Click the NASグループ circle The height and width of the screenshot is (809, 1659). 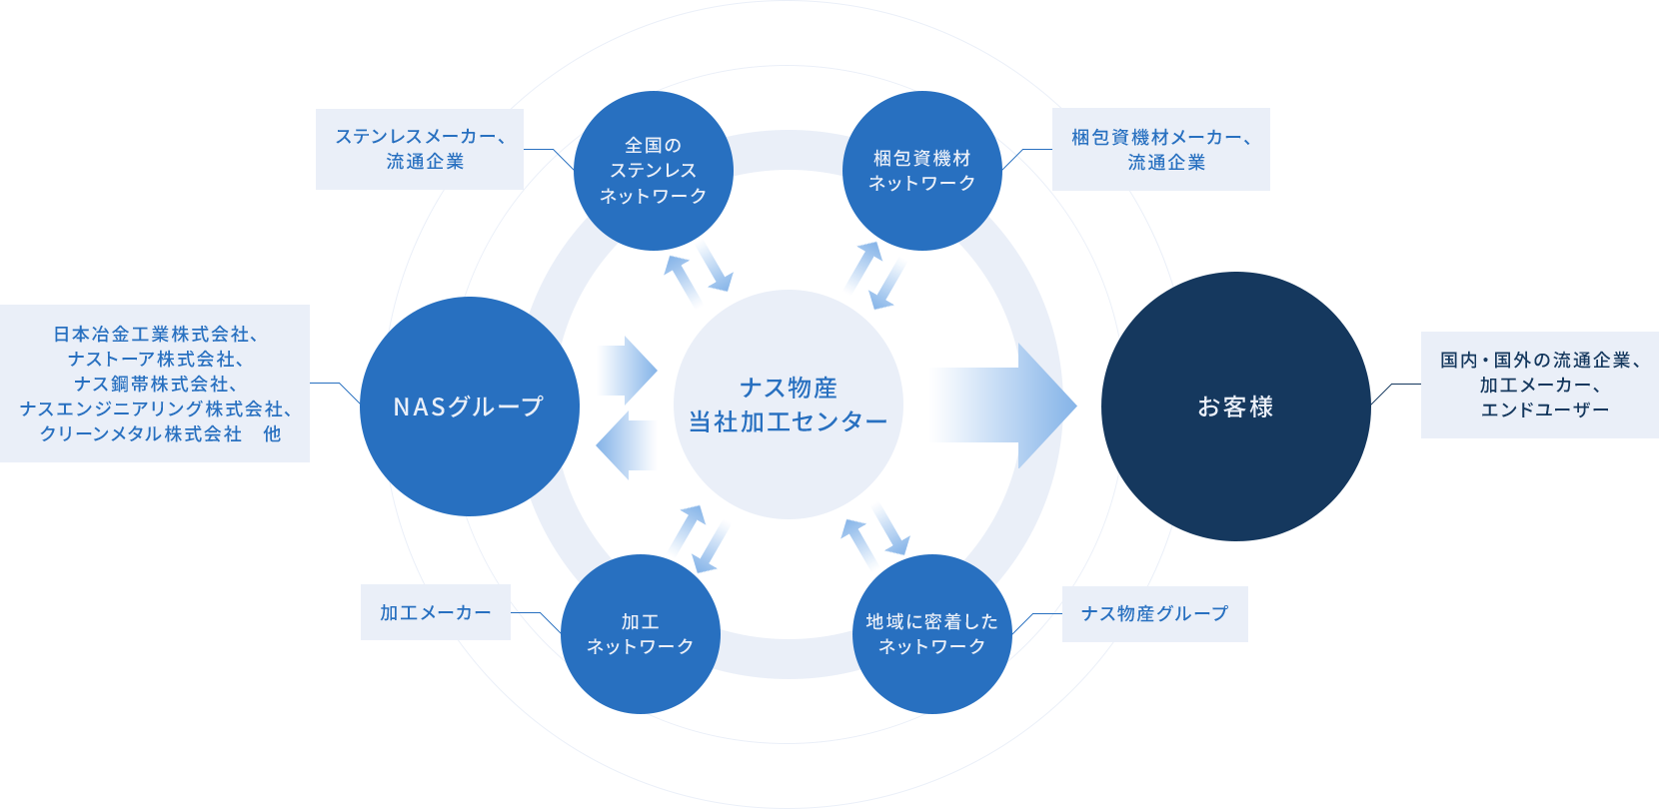click(469, 406)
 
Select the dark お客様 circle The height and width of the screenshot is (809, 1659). click(1235, 406)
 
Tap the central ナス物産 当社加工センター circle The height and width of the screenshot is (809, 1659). click(788, 404)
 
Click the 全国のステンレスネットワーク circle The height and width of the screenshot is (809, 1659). click(654, 171)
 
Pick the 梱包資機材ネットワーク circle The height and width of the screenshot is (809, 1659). click(921, 171)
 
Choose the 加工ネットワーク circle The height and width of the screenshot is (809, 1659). click(641, 634)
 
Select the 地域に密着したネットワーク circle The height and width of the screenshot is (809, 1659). click(931, 634)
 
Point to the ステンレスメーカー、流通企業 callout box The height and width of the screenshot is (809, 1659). click(420, 149)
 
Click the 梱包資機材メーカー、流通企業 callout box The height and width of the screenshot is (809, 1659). click(1161, 149)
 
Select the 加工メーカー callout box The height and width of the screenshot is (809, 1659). click(436, 612)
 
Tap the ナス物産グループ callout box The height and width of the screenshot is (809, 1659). click(1154, 613)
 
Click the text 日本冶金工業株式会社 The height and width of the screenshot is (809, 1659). click(151, 334)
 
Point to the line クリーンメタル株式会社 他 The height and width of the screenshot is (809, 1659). click(160, 433)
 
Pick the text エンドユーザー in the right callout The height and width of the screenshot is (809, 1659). click(1544, 409)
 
